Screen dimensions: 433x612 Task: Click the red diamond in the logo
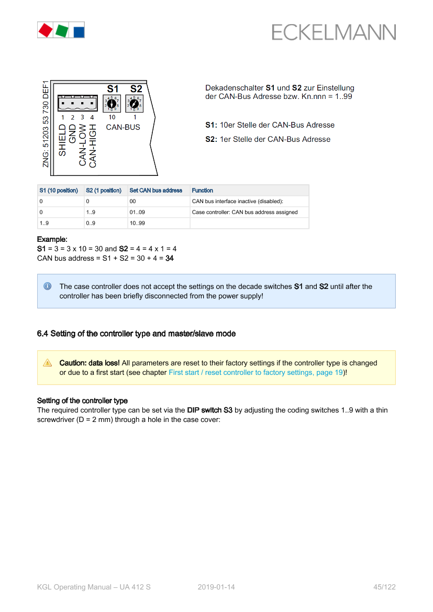pos(46,30)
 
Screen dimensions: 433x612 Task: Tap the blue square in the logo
pos(79,31)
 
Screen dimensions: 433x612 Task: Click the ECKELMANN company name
pos(334,32)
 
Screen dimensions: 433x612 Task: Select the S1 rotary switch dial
pos(112,104)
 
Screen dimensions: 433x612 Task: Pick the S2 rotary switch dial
pos(135,104)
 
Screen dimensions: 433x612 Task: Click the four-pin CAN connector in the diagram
pos(77,103)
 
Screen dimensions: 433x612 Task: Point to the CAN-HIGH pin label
pos(93,146)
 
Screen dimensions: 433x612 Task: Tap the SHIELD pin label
pos(62,140)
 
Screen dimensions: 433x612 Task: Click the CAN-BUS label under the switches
pos(123,127)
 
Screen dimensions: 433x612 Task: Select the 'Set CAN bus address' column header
pos(156,191)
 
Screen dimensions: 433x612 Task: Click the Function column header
pos(202,191)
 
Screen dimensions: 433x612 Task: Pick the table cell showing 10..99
pos(137,223)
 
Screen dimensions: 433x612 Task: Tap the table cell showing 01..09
pos(137,213)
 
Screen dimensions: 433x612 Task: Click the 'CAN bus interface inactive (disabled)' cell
pos(237,202)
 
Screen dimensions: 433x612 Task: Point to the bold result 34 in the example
pos(170,259)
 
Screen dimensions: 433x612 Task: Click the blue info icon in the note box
pos(48,286)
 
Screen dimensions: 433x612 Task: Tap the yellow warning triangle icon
pos(48,363)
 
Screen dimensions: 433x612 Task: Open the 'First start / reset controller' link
pos(256,373)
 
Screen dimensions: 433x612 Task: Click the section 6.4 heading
pos(136,333)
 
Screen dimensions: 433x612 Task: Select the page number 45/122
pos(385,587)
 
